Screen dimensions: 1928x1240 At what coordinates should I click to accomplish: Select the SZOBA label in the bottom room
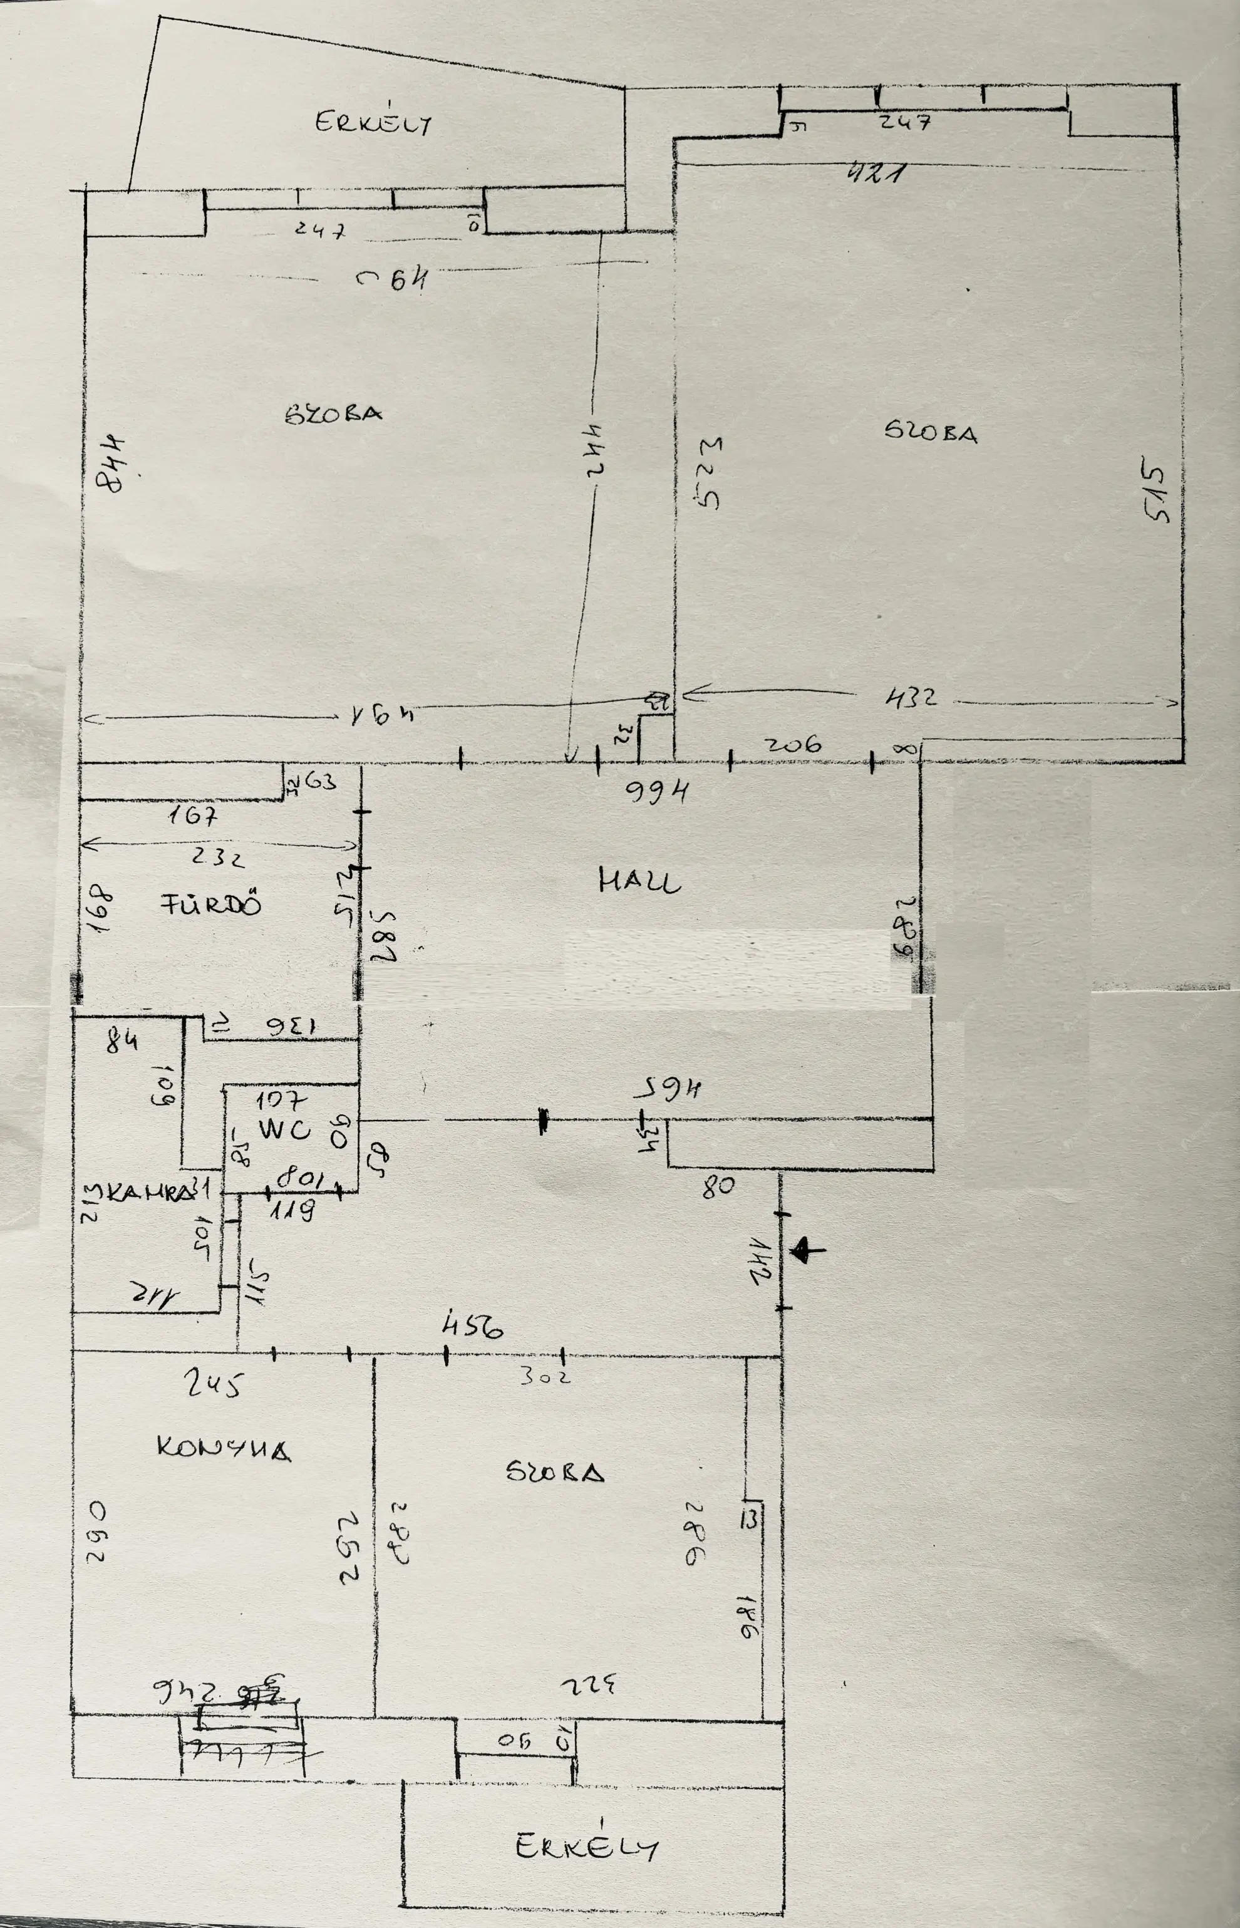pos(555,1472)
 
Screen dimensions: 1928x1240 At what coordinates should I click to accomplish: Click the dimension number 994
pos(657,793)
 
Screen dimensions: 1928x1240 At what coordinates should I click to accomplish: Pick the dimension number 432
pos(911,697)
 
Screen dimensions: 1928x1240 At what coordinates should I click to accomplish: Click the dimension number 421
pos(876,172)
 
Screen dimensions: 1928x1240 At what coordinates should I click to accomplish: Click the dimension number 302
pos(544,1376)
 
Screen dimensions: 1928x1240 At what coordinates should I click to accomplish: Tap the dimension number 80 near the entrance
pos(718,1187)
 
